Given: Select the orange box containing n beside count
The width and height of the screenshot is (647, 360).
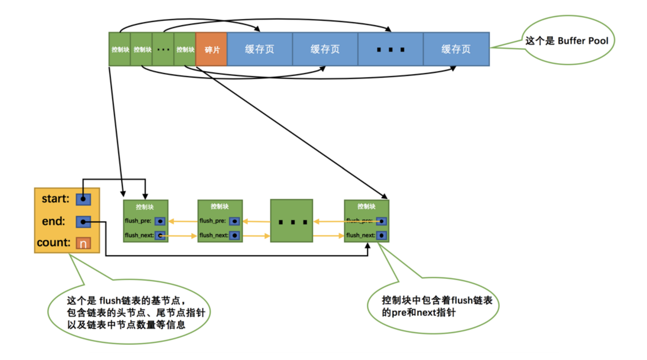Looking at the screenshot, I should click(x=83, y=243).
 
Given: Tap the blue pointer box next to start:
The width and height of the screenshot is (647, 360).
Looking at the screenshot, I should click(x=83, y=199).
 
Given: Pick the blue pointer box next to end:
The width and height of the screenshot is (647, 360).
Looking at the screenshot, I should click(x=83, y=222).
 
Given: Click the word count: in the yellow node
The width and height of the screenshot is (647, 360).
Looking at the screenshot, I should click(x=53, y=243).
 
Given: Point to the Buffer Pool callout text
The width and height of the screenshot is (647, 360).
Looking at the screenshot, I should click(x=567, y=41).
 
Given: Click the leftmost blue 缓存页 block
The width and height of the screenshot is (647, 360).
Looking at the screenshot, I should click(x=260, y=49).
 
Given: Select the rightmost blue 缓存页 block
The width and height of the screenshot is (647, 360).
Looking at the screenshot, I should click(x=456, y=49).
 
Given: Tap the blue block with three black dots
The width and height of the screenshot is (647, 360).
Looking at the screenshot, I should click(x=390, y=49).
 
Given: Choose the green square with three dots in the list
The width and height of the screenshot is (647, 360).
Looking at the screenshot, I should click(x=292, y=221).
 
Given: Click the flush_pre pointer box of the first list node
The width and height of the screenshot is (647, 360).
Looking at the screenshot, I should click(x=160, y=221).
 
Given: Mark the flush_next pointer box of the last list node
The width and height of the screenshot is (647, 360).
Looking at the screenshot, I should click(x=381, y=236).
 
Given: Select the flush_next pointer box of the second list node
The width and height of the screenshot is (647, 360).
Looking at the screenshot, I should click(x=235, y=236).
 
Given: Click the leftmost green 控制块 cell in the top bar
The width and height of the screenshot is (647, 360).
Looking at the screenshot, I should click(x=120, y=49).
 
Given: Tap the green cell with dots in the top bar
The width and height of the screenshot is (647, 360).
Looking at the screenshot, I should click(x=163, y=49).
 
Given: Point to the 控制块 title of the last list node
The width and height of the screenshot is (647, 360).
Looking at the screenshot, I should click(x=366, y=206).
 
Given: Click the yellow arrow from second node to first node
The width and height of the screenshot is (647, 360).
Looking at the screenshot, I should click(x=183, y=221).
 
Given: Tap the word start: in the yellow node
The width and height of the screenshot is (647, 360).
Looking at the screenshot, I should click(x=55, y=199).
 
